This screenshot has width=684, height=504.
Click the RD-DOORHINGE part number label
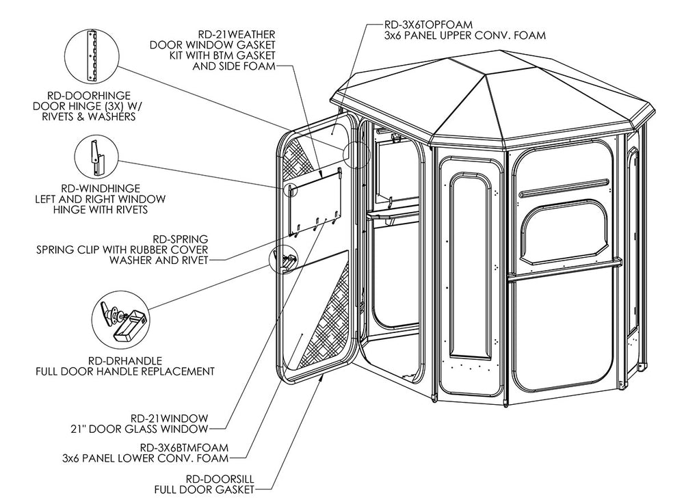[x=91, y=95]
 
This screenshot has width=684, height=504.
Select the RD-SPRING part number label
[x=179, y=239]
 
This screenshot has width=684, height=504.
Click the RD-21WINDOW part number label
[x=168, y=418]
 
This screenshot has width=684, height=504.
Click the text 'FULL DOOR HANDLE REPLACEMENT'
[x=125, y=371]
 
